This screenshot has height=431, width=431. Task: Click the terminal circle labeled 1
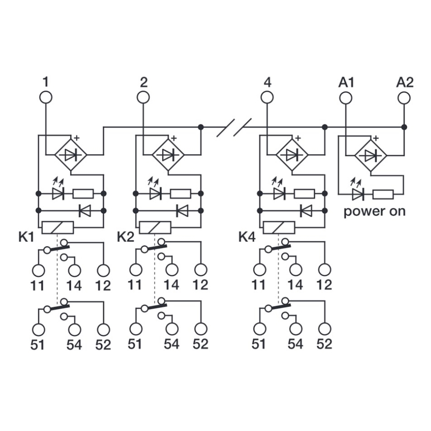click(x=46, y=98)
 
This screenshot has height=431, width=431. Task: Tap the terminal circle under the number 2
click(x=143, y=98)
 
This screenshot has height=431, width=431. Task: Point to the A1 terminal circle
click(x=345, y=98)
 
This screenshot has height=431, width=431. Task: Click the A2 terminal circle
click(x=404, y=98)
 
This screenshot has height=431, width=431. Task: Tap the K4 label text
click(x=247, y=237)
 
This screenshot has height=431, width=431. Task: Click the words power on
click(x=374, y=211)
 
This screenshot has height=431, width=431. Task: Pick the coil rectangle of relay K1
click(x=57, y=227)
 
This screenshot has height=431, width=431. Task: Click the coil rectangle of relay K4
click(x=279, y=227)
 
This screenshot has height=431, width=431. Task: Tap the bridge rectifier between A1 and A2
click(x=371, y=155)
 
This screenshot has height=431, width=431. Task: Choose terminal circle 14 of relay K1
click(x=74, y=270)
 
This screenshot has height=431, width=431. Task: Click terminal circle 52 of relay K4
click(x=324, y=328)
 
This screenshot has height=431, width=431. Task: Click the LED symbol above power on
click(x=357, y=193)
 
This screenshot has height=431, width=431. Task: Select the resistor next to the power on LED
click(x=384, y=193)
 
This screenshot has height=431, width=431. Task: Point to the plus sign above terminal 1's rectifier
click(x=77, y=137)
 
